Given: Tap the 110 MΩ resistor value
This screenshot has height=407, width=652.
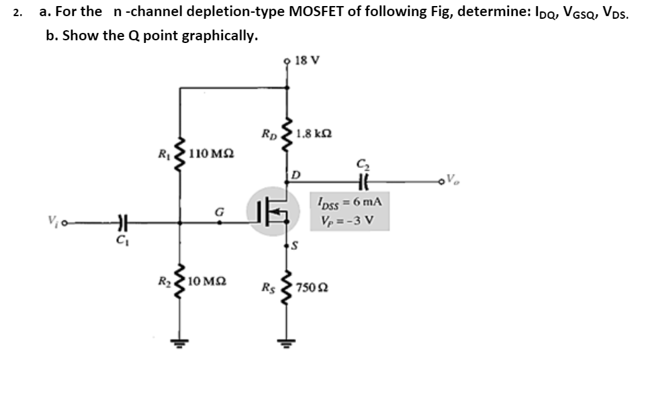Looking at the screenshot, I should [x=212, y=154].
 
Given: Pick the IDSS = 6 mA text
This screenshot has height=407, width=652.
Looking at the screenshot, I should [x=347, y=201].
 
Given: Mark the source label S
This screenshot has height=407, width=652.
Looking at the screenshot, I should [x=294, y=248].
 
